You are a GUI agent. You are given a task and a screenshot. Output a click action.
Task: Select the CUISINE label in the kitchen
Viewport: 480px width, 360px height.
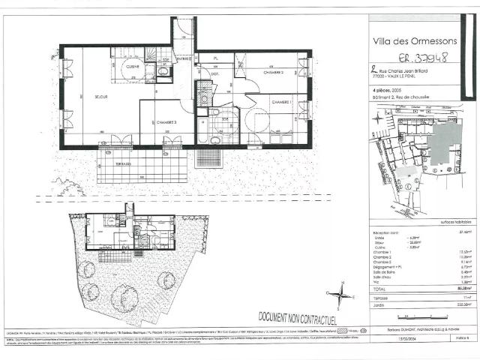[x=133, y=67]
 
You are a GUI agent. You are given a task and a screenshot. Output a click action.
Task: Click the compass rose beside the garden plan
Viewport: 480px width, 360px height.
[x=341, y=292]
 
